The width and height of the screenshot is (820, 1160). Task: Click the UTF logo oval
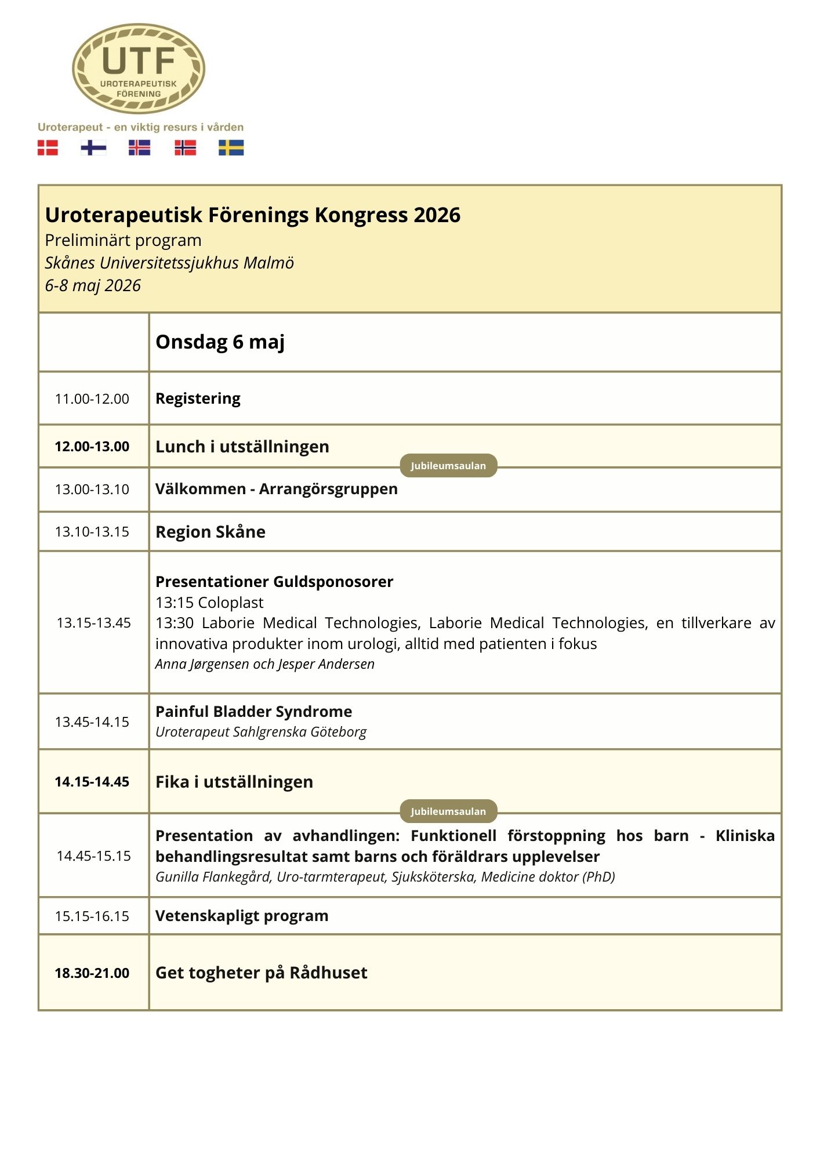click(139, 68)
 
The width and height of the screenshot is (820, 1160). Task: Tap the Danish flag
click(48, 148)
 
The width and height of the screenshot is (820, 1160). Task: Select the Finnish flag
click(93, 148)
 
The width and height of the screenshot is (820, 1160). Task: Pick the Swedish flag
click(231, 148)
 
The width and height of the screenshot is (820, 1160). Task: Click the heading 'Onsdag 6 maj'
click(220, 342)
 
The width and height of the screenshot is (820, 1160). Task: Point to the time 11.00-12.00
click(92, 399)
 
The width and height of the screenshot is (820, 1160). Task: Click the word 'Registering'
click(198, 398)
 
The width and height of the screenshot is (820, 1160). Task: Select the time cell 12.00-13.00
click(92, 447)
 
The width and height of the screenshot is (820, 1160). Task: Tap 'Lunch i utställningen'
click(242, 447)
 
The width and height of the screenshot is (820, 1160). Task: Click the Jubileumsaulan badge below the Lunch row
click(448, 466)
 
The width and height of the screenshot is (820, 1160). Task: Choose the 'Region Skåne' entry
click(210, 532)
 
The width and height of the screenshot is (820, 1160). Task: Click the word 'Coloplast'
click(231, 603)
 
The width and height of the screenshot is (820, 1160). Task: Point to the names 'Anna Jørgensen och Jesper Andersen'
click(264, 664)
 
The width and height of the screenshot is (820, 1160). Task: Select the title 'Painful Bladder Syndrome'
click(253, 712)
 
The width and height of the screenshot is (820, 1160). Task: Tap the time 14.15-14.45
click(92, 782)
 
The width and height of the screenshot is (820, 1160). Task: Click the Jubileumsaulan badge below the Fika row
click(448, 811)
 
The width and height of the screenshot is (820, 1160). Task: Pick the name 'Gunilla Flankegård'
click(213, 877)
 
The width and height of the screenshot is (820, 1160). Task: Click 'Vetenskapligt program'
click(241, 916)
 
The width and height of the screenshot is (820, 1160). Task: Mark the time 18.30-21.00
click(92, 973)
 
